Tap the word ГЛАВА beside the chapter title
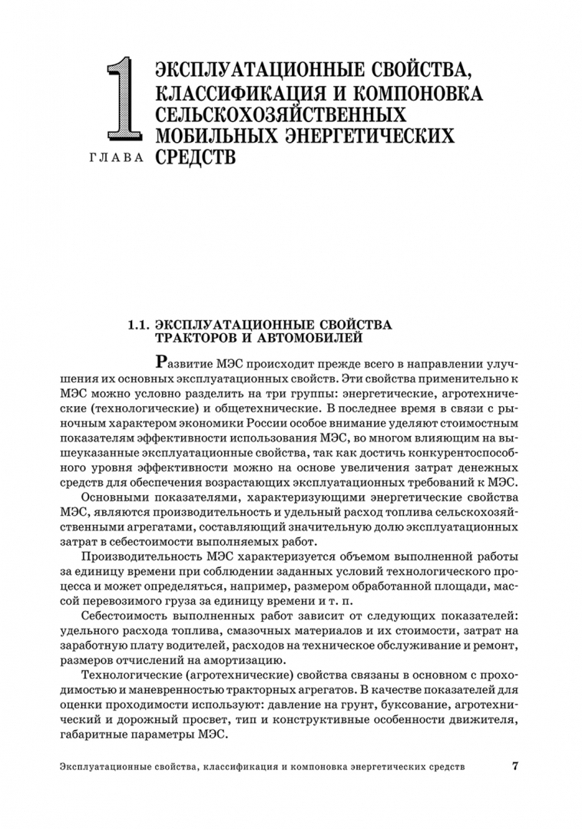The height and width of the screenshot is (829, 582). (x=113, y=159)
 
